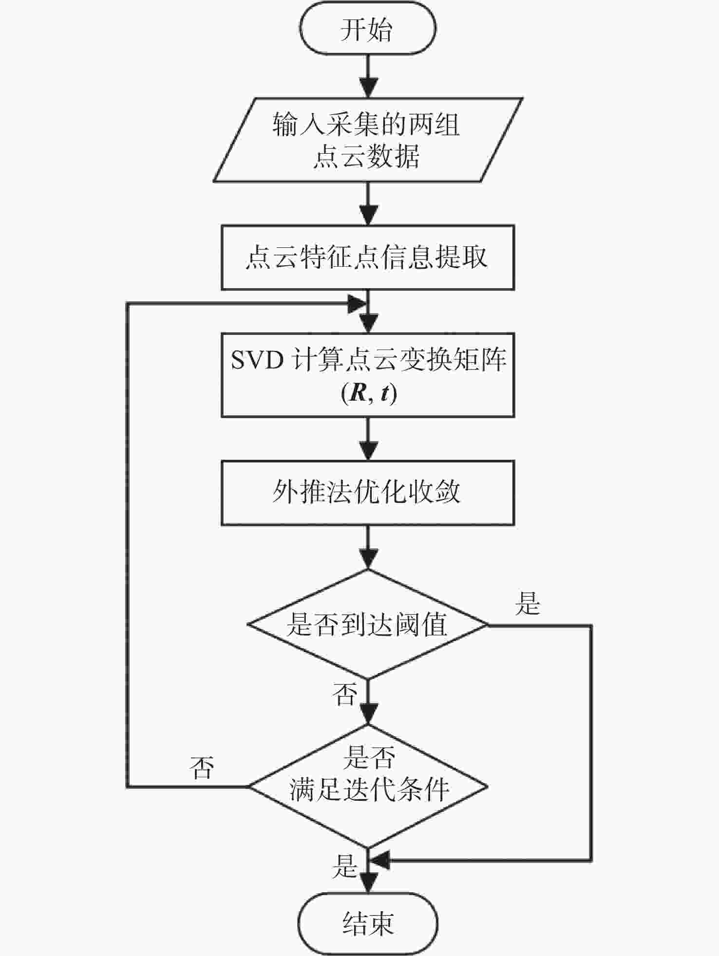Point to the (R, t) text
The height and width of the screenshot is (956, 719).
(369, 393)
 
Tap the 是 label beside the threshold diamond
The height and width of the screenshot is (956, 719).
(528, 603)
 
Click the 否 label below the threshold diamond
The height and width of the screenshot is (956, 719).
(345, 693)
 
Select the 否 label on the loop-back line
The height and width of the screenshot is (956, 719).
(202, 768)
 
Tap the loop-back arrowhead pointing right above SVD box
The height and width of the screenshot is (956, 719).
(357, 304)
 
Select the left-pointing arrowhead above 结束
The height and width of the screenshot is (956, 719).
(379, 861)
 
